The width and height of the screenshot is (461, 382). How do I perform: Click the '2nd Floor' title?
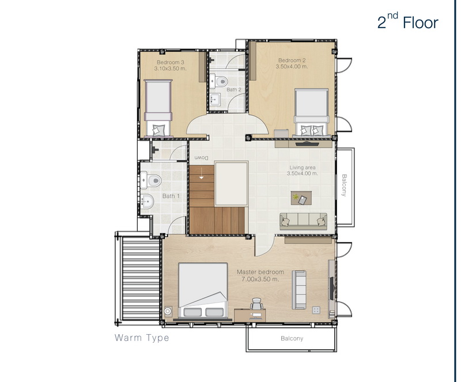point(407,21)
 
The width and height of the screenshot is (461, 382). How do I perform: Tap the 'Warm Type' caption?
point(142,338)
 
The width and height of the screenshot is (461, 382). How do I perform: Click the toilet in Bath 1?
point(151,180)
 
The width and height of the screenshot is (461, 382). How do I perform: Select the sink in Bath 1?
point(147,202)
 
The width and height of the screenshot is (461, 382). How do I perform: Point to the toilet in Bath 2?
point(218,81)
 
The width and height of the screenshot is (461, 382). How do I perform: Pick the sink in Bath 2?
point(215,100)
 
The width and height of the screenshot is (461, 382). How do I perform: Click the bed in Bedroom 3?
point(158,108)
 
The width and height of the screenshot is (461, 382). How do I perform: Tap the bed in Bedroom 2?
point(311,112)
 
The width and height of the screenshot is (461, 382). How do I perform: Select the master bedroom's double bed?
point(203,290)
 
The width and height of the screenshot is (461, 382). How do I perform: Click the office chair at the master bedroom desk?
point(256,304)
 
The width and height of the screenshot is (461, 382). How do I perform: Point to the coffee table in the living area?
point(301,198)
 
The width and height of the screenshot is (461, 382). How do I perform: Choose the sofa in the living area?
point(303,221)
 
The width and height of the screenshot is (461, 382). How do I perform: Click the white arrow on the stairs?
point(201,173)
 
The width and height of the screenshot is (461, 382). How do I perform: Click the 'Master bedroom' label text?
point(260,272)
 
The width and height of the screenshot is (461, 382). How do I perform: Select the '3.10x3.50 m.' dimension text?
point(171,69)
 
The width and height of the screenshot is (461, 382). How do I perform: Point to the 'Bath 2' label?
point(234,89)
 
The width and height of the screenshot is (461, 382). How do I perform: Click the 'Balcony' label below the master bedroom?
point(292,338)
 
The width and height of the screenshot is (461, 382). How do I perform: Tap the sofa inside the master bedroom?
point(299,290)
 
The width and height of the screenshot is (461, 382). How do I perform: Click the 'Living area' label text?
point(303,168)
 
